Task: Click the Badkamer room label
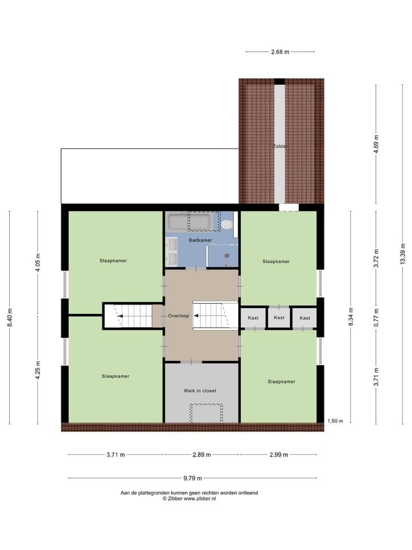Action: point(200,240)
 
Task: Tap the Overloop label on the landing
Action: point(179,316)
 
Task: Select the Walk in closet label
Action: point(200,391)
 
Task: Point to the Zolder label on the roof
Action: point(280,146)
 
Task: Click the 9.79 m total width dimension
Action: point(192,478)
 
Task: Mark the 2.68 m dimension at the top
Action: point(280,52)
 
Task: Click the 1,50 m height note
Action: point(335,421)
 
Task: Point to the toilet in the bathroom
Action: point(227,224)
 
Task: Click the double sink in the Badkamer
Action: point(172,253)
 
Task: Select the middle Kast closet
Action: point(279,317)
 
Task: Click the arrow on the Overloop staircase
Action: point(197,315)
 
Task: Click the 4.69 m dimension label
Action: point(376,141)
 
